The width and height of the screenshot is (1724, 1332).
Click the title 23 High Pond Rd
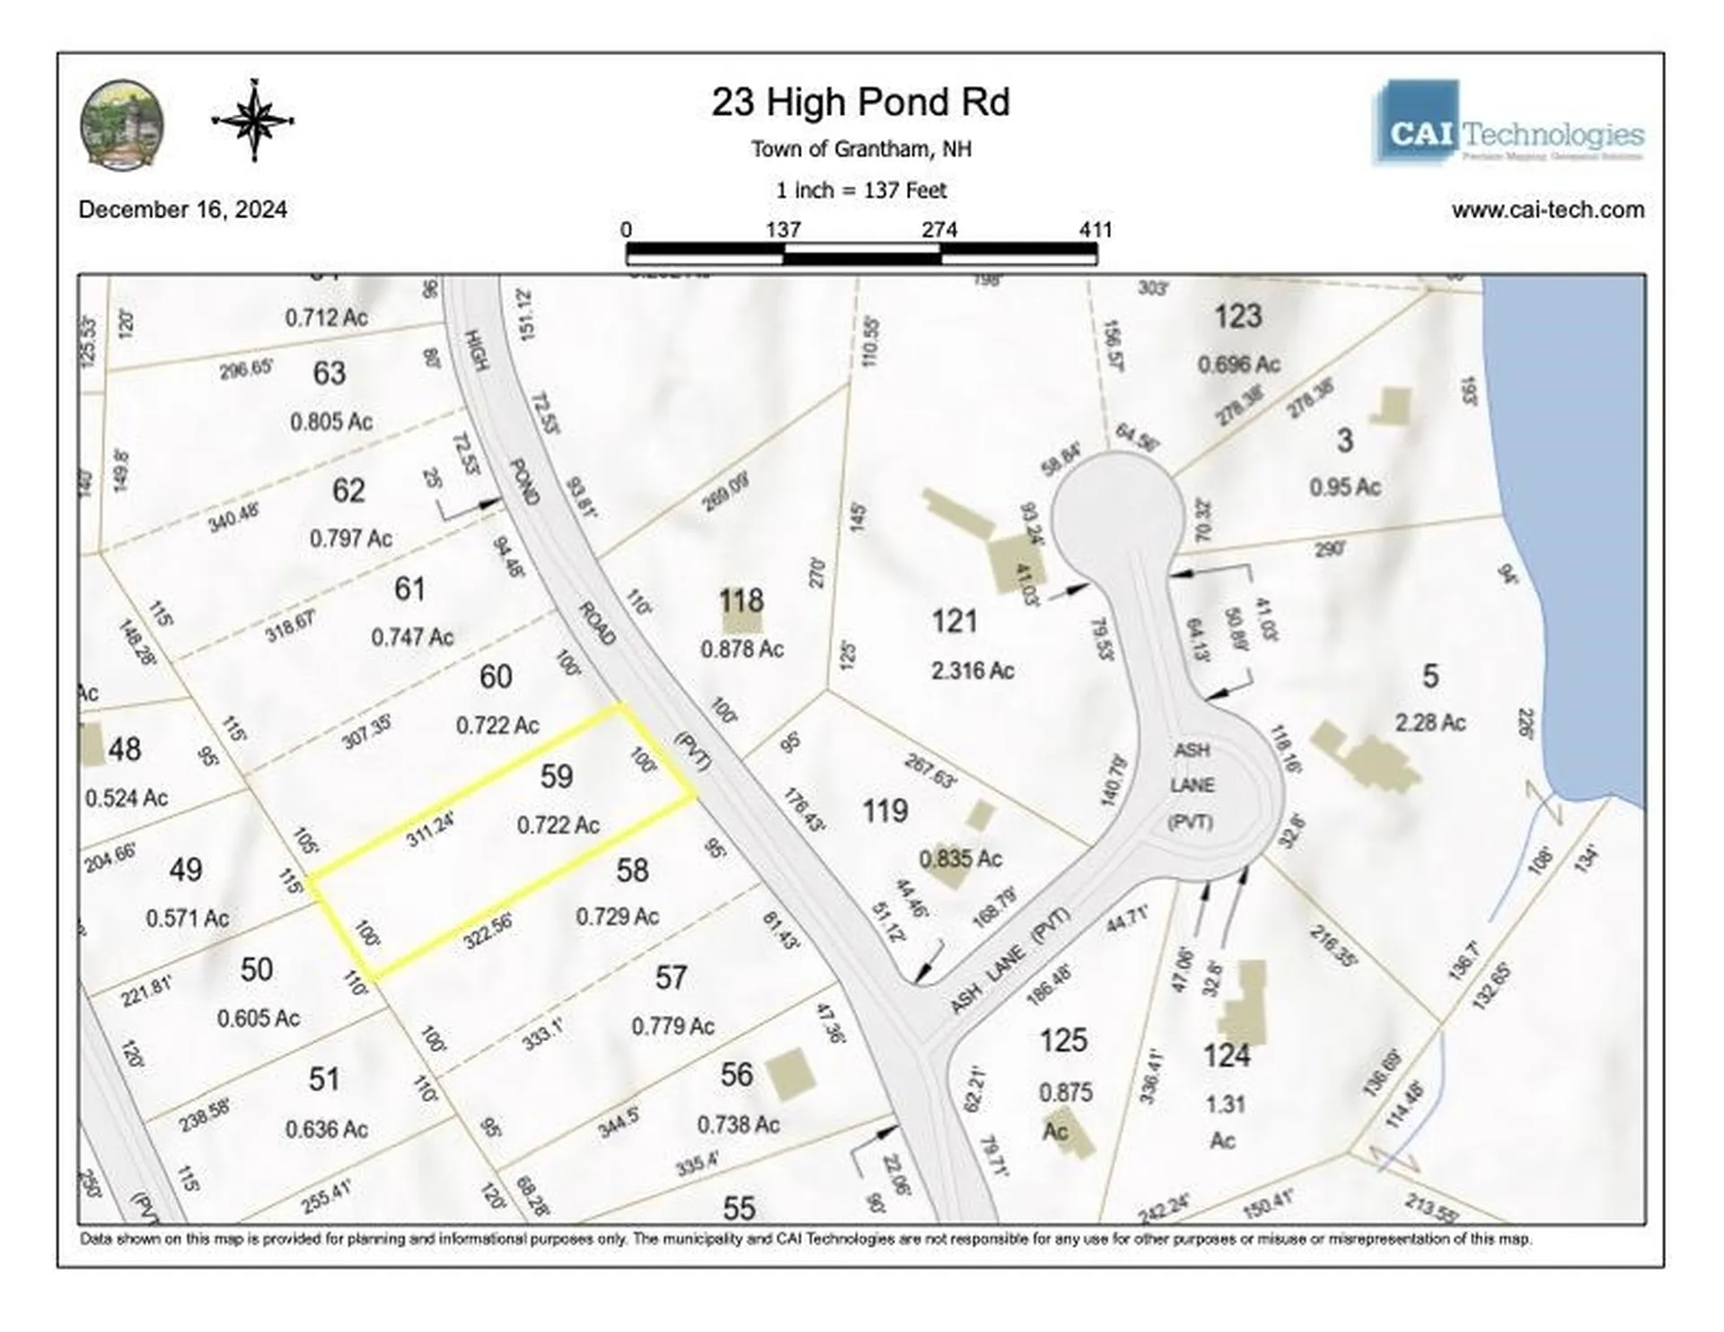[860, 102]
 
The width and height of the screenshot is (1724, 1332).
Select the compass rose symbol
[253, 119]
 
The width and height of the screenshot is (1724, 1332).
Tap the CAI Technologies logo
[1508, 124]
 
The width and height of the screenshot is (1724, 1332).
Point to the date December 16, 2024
[183, 209]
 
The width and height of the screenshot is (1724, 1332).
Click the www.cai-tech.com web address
[1548, 209]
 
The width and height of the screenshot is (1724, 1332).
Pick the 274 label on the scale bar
[939, 230]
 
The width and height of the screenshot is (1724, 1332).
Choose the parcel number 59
[557, 776]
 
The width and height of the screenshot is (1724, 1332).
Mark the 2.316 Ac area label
[972, 670]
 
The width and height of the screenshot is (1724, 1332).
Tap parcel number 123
[1238, 316]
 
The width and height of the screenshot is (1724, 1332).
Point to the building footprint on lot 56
[789, 1075]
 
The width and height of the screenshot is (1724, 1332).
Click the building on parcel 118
[743, 614]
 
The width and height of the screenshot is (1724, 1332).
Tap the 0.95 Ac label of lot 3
[1344, 487]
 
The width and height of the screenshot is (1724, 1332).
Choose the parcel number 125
[1063, 1040]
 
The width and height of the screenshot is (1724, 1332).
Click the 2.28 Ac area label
[1430, 722]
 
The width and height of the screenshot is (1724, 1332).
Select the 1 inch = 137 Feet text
[861, 190]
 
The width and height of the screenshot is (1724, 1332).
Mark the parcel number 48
[125, 749]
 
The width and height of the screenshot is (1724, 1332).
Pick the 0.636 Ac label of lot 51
[327, 1129]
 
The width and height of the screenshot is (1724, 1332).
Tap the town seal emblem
[122, 124]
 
